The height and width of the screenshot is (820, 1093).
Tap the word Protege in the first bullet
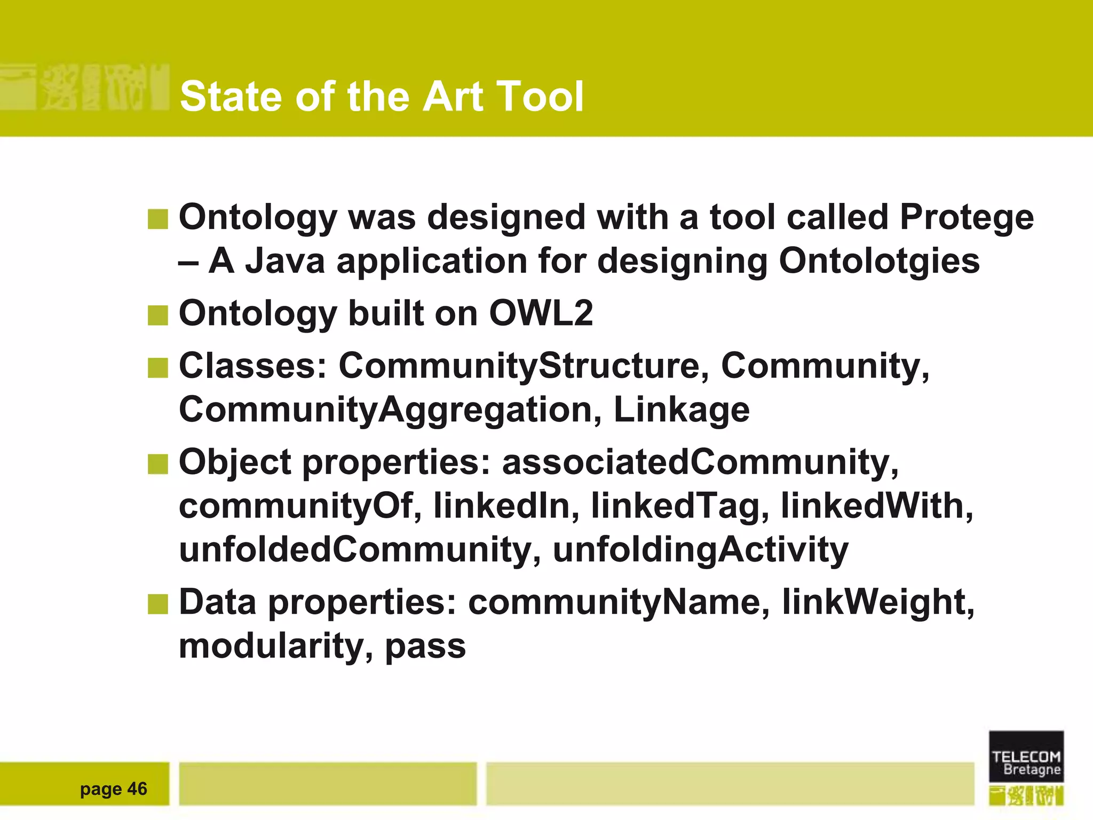967,218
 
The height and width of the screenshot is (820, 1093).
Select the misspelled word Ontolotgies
879,262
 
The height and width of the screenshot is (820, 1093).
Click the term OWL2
541,313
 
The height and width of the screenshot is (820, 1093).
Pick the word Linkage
682,410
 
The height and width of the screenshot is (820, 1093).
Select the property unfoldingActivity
700,550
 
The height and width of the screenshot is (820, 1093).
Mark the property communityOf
296,506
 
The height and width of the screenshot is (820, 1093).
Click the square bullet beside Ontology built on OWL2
157,315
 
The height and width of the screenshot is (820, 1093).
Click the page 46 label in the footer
113,789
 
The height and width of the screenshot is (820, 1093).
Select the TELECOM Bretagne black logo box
1026,756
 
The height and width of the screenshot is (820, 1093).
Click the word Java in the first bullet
284,262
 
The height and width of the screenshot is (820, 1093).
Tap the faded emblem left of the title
85,87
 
